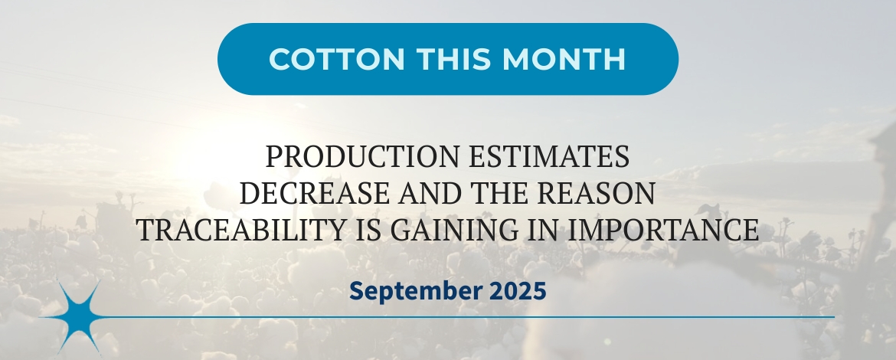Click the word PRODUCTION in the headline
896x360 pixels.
[363, 156]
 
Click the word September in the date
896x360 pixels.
[415, 291]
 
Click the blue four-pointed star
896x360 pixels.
[80, 317]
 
